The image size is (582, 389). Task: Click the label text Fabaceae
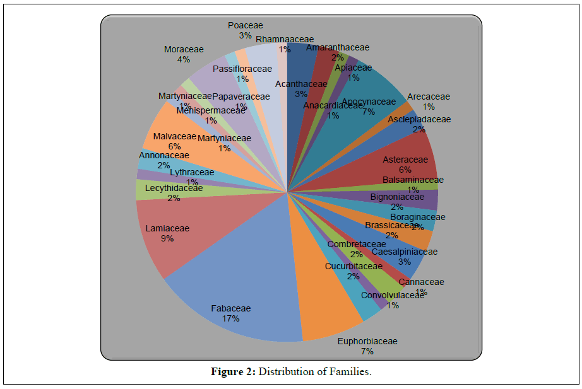click(x=230, y=308)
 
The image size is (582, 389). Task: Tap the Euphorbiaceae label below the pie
click(x=367, y=341)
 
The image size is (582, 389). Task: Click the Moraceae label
click(x=183, y=50)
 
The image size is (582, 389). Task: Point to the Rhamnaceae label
click(x=285, y=39)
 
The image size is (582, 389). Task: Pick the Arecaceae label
click(x=429, y=96)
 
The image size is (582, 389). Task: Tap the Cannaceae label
click(x=422, y=282)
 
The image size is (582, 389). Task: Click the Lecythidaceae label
click(x=174, y=188)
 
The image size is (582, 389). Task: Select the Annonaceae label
click(x=163, y=155)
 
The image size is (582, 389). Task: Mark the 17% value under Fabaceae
click(x=230, y=318)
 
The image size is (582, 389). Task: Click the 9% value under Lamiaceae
click(x=167, y=238)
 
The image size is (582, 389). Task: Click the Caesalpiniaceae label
click(x=404, y=252)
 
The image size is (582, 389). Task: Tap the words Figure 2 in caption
click(x=233, y=371)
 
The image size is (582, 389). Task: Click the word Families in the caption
click(x=351, y=371)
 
